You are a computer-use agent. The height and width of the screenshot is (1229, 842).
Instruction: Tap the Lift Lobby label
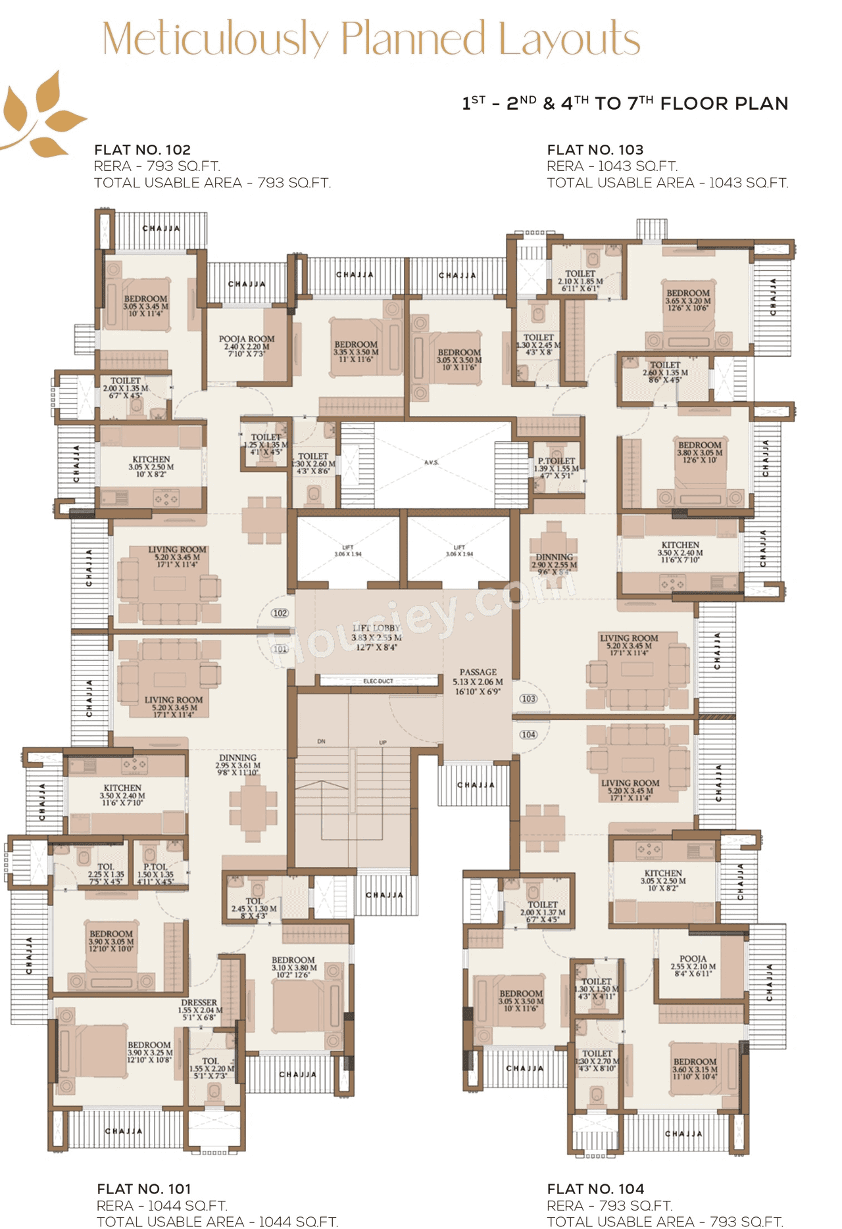coord(376,637)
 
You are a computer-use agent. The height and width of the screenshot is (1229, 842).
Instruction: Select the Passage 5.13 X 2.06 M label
coord(478,682)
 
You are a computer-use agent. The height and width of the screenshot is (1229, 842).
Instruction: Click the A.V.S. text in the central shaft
coord(431,462)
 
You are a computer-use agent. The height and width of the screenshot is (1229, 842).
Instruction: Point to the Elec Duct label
coord(378,681)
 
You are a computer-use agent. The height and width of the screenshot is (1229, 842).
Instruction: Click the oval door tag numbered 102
coord(280,613)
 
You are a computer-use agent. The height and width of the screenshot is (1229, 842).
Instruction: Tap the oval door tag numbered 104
coord(528,735)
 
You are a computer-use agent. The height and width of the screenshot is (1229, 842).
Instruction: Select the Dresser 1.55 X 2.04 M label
coord(199,1009)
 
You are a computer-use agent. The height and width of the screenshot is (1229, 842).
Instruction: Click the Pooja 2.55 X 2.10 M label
coord(693,966)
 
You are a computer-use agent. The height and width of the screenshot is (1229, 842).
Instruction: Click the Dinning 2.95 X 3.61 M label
coord(237,765)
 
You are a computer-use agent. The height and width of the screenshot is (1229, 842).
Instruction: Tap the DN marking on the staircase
coord(322,741)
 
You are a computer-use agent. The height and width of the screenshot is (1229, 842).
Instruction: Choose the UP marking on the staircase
coord(383,742)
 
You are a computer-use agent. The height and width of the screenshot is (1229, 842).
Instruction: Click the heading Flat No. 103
coord(595,150)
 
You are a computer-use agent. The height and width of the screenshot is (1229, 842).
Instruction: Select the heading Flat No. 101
coord(144,1189)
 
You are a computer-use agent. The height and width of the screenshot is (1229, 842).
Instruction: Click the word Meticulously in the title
coord(215,39)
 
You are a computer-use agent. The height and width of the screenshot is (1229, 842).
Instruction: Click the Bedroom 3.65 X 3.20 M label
coord(688,300)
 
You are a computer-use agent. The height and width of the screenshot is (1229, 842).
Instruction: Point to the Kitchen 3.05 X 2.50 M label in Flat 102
coord(151,466)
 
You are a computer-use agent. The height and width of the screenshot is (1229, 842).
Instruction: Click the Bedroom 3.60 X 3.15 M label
coord(695,1069)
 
